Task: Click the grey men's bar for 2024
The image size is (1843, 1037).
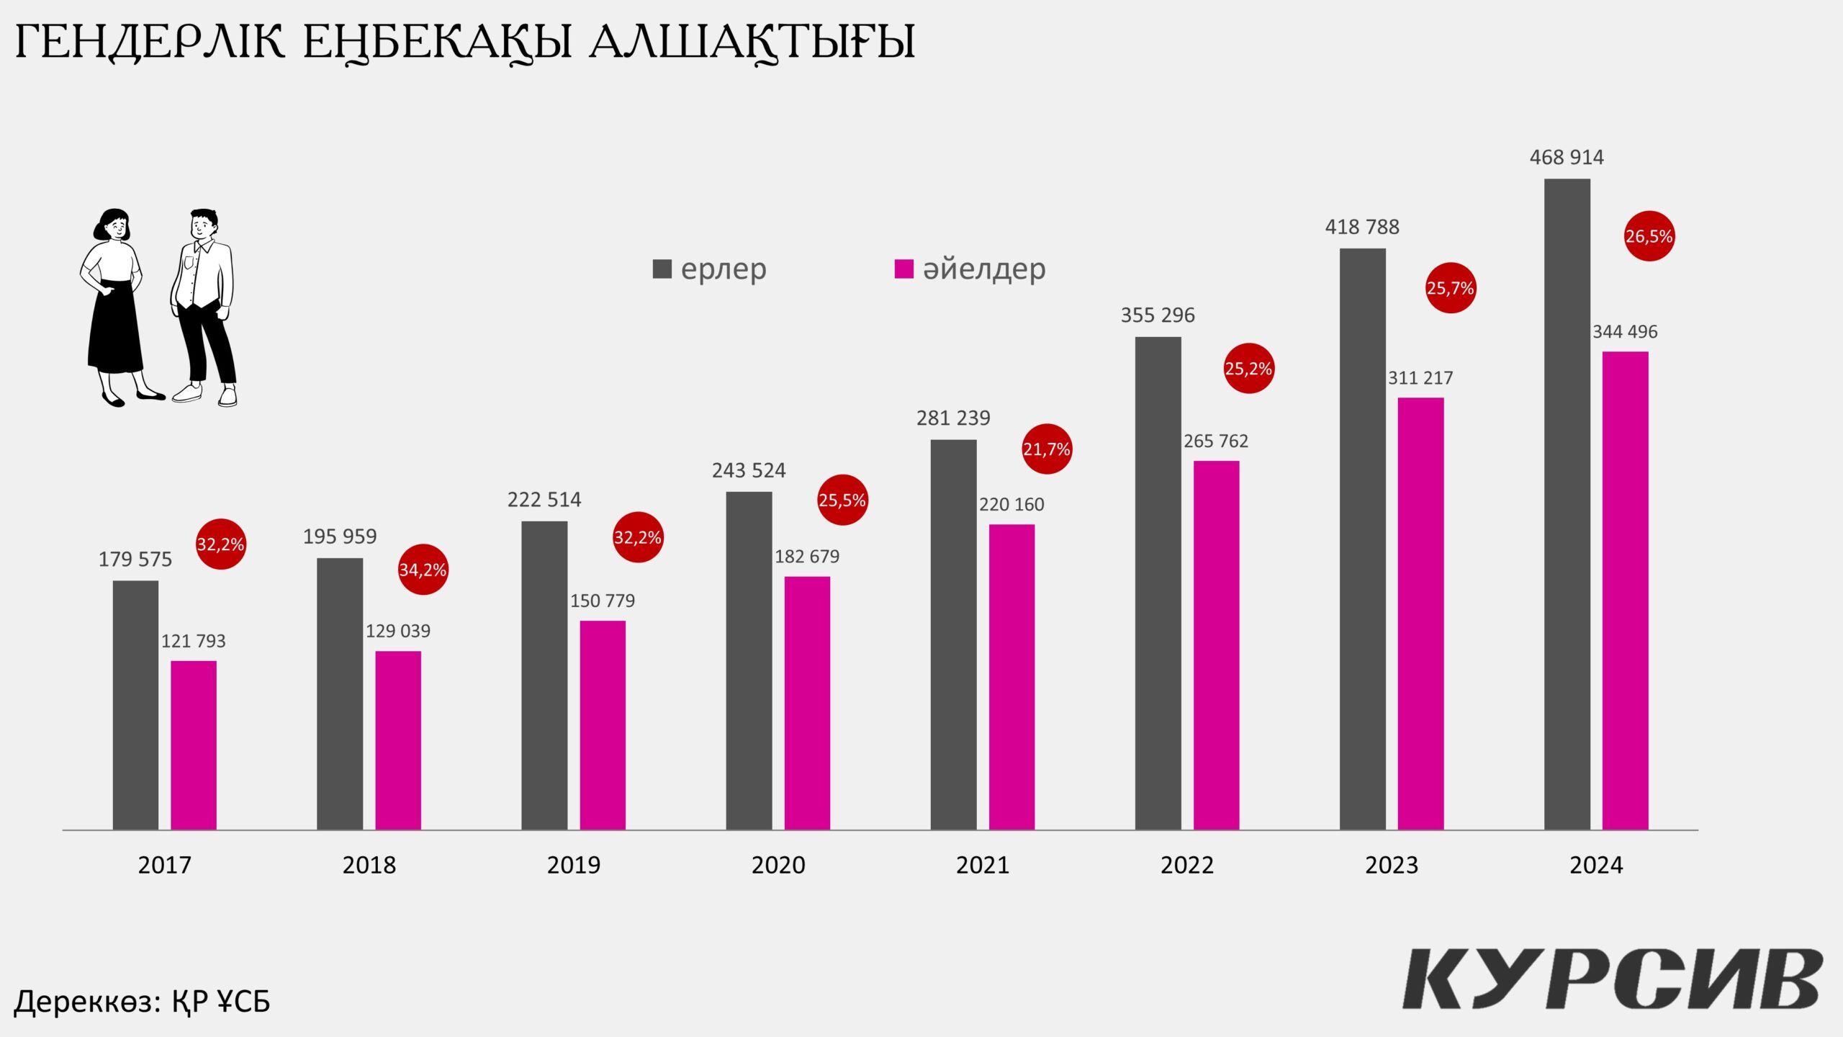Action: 1567,504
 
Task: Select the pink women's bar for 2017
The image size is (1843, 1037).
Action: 194,745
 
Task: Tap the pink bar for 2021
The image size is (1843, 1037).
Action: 1011,677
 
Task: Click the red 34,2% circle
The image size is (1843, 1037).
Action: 423,570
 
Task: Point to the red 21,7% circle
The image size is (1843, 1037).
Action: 1047,449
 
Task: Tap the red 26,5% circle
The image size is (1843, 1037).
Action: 1649,236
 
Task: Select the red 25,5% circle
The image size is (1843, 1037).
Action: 842,500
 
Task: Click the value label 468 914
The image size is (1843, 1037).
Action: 1567,157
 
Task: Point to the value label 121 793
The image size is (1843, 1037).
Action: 193,641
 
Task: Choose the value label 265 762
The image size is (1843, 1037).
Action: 1216,441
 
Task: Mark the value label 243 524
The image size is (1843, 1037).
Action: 749,470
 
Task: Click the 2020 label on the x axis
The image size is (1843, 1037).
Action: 778,864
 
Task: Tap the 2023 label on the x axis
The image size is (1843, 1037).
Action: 1392,864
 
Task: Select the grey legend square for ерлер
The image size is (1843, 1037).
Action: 662,269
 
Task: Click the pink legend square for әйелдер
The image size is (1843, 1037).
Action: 904,269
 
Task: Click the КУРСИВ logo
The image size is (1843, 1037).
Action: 1613,979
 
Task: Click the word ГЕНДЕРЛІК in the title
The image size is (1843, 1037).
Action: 150,42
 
